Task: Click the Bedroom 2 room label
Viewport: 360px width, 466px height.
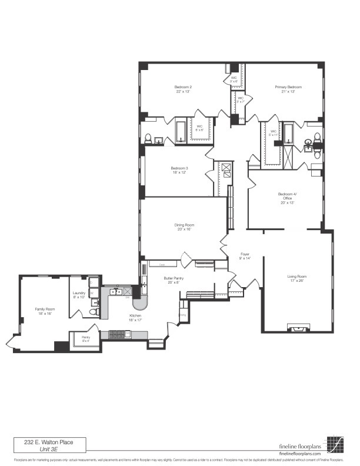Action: click(183, 87)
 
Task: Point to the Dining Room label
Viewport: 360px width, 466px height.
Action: click(184, 225)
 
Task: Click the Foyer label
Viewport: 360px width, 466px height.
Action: click(245, 254)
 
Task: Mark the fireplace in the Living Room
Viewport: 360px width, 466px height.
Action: click(298, 327)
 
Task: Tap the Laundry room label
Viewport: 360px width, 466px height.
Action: click(79, 293)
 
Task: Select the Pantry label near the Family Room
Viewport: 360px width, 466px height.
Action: click(85, 337)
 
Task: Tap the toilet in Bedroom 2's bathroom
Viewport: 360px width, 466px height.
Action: click(149, 139)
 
